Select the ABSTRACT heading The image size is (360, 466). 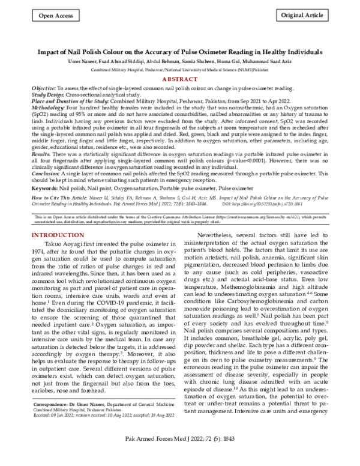point(180,78)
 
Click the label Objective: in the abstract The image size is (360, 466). point(46,88)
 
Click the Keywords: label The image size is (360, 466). point(47,188)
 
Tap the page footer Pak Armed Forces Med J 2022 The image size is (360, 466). point(272,456)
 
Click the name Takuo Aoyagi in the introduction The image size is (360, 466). point(67,228)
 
